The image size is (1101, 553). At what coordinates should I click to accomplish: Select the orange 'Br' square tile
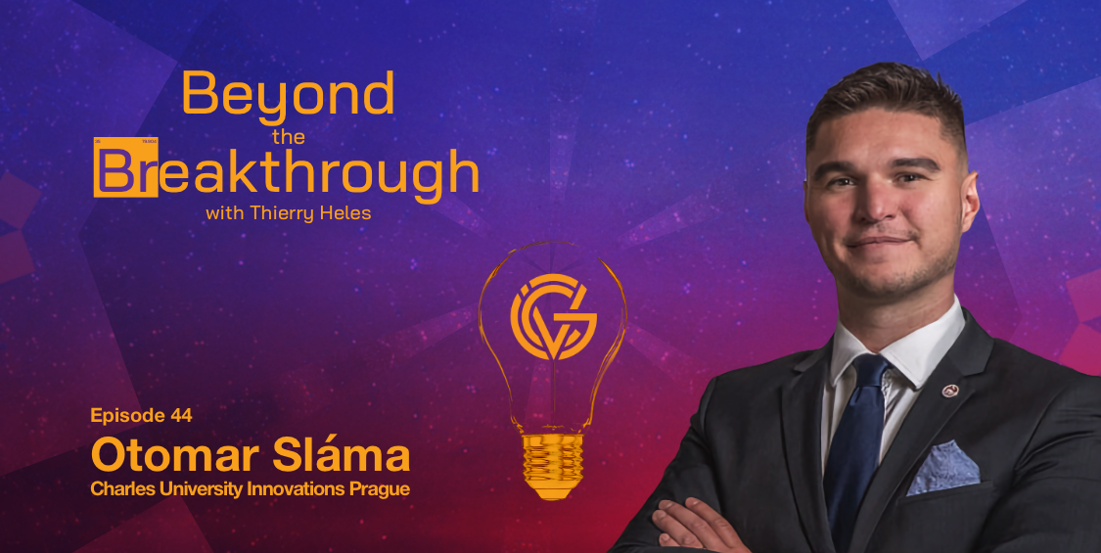[x=125, y=166]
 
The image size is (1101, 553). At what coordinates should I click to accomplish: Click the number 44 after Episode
[x=180, y=415]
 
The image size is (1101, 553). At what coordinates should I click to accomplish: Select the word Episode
[x=127, y=416]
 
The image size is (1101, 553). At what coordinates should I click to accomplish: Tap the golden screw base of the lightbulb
[x=553, y=465]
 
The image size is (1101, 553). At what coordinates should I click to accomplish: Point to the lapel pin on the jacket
[x=950, y=391]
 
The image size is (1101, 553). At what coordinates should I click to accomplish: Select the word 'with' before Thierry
[x=222, y=212]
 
